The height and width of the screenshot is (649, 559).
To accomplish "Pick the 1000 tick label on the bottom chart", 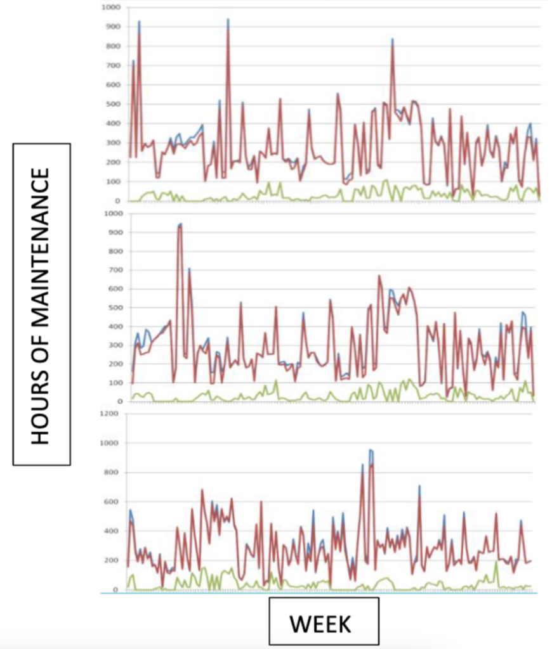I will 109,442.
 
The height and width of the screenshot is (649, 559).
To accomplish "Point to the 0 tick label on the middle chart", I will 116,401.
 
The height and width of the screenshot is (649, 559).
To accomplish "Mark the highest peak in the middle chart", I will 180,224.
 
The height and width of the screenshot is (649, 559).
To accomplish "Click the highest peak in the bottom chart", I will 371,449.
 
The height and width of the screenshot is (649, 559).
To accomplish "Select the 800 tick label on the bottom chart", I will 110,472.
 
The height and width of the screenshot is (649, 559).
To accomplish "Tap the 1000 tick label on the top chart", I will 109,8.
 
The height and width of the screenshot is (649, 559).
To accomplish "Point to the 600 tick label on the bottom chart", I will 110,501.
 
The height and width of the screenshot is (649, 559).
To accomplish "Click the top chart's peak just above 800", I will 392,39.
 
